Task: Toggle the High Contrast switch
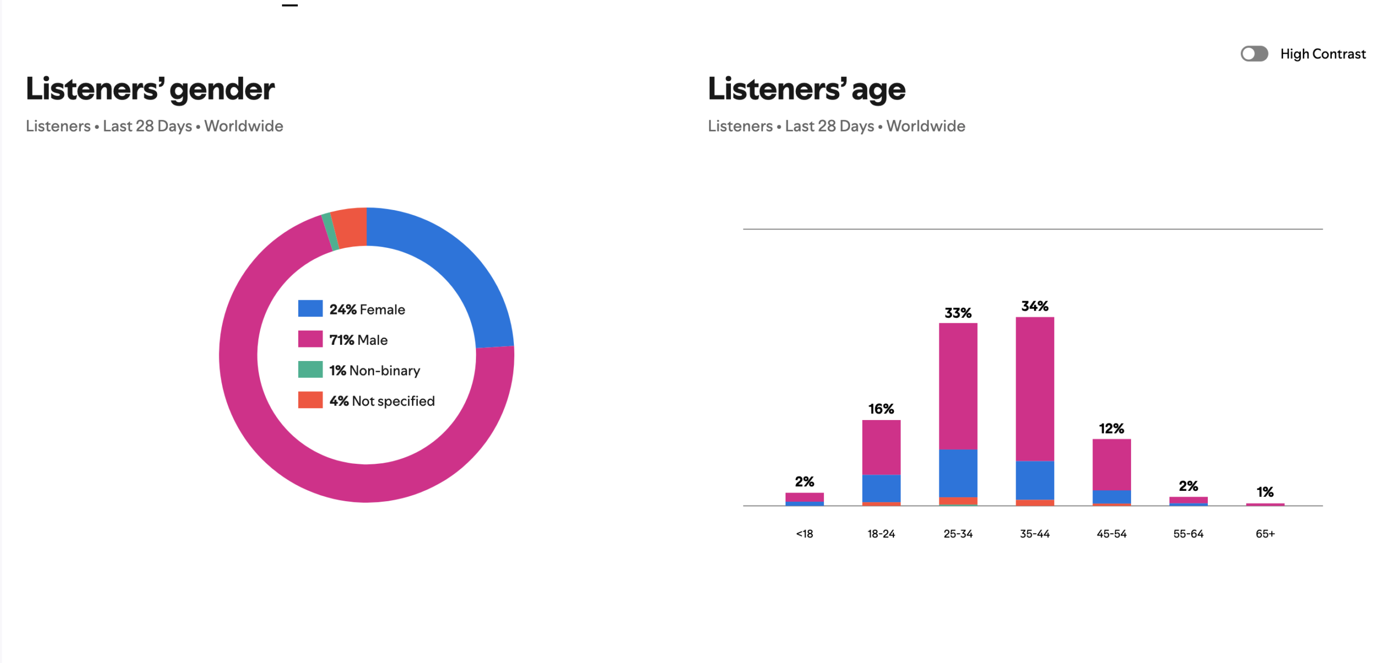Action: (1253, 54)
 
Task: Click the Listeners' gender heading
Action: (150, 89)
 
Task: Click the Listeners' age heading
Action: (806, 89)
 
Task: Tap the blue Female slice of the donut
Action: (455, 271)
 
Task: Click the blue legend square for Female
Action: (310, 308)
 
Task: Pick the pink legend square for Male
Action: (310, 339)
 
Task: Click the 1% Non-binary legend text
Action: (375, 370)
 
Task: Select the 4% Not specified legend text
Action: (382, 401)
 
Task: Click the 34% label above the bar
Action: (1035, 306)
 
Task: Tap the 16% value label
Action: (881, 409)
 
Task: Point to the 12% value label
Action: (1111, 429)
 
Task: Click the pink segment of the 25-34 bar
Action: (958, 385)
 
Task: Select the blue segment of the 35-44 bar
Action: (1035, 480)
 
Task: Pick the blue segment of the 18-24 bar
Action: (881, 488)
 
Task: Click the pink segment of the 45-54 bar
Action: (1111, 464)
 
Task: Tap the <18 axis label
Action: (804, 534)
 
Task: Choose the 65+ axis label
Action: (1265, 534)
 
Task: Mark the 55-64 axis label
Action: (1188, 534)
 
